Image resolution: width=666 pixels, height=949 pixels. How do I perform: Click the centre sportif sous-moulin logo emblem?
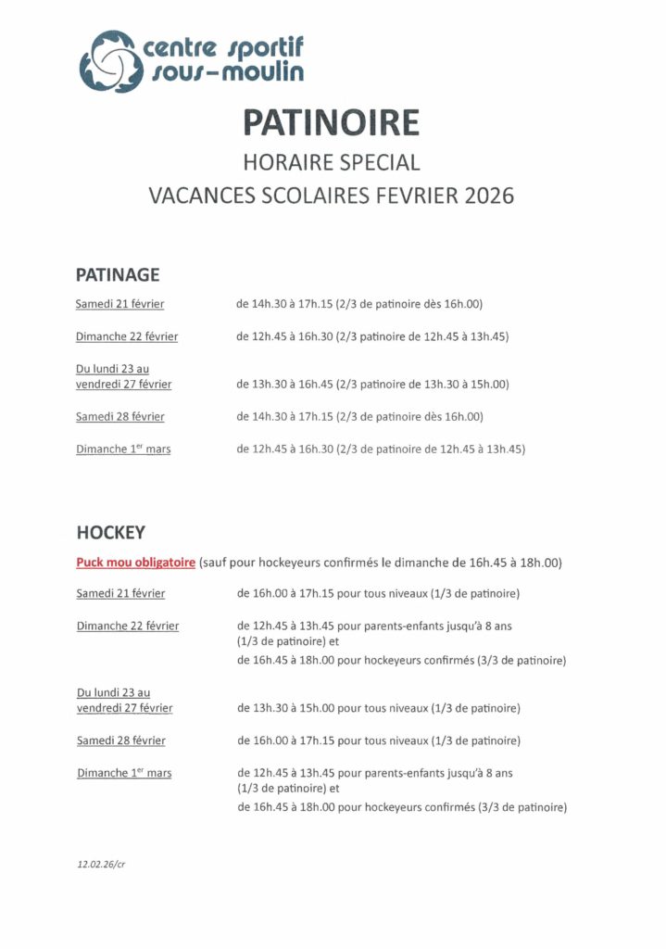tap(109, 60)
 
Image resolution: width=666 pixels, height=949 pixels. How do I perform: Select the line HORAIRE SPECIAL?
tap(331, 162)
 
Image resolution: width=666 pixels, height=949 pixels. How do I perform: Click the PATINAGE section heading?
tap(118, 274)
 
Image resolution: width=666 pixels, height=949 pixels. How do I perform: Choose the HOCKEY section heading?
tap(110, 533)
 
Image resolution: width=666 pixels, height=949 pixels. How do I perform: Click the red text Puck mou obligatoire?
tap(135, 563)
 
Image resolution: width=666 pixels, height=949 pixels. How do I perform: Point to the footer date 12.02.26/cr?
tap(102, 863)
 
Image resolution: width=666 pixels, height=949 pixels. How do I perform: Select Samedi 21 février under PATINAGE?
tap(120, 304)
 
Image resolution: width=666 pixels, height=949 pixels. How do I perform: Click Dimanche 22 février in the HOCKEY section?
tap(128, 626)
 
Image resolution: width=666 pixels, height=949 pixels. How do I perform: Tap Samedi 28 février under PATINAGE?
tap(120, 416)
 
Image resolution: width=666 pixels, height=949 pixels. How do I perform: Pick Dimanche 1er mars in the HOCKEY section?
tap(124, 773)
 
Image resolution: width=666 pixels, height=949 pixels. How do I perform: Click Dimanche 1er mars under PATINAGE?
tap(123, 449)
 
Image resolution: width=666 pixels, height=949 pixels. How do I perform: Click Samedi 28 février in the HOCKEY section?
tap(121, 740)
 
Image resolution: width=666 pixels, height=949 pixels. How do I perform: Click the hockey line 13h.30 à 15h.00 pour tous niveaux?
tap(378, 708)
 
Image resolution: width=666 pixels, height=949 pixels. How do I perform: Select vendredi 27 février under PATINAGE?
tap(124, 384)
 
